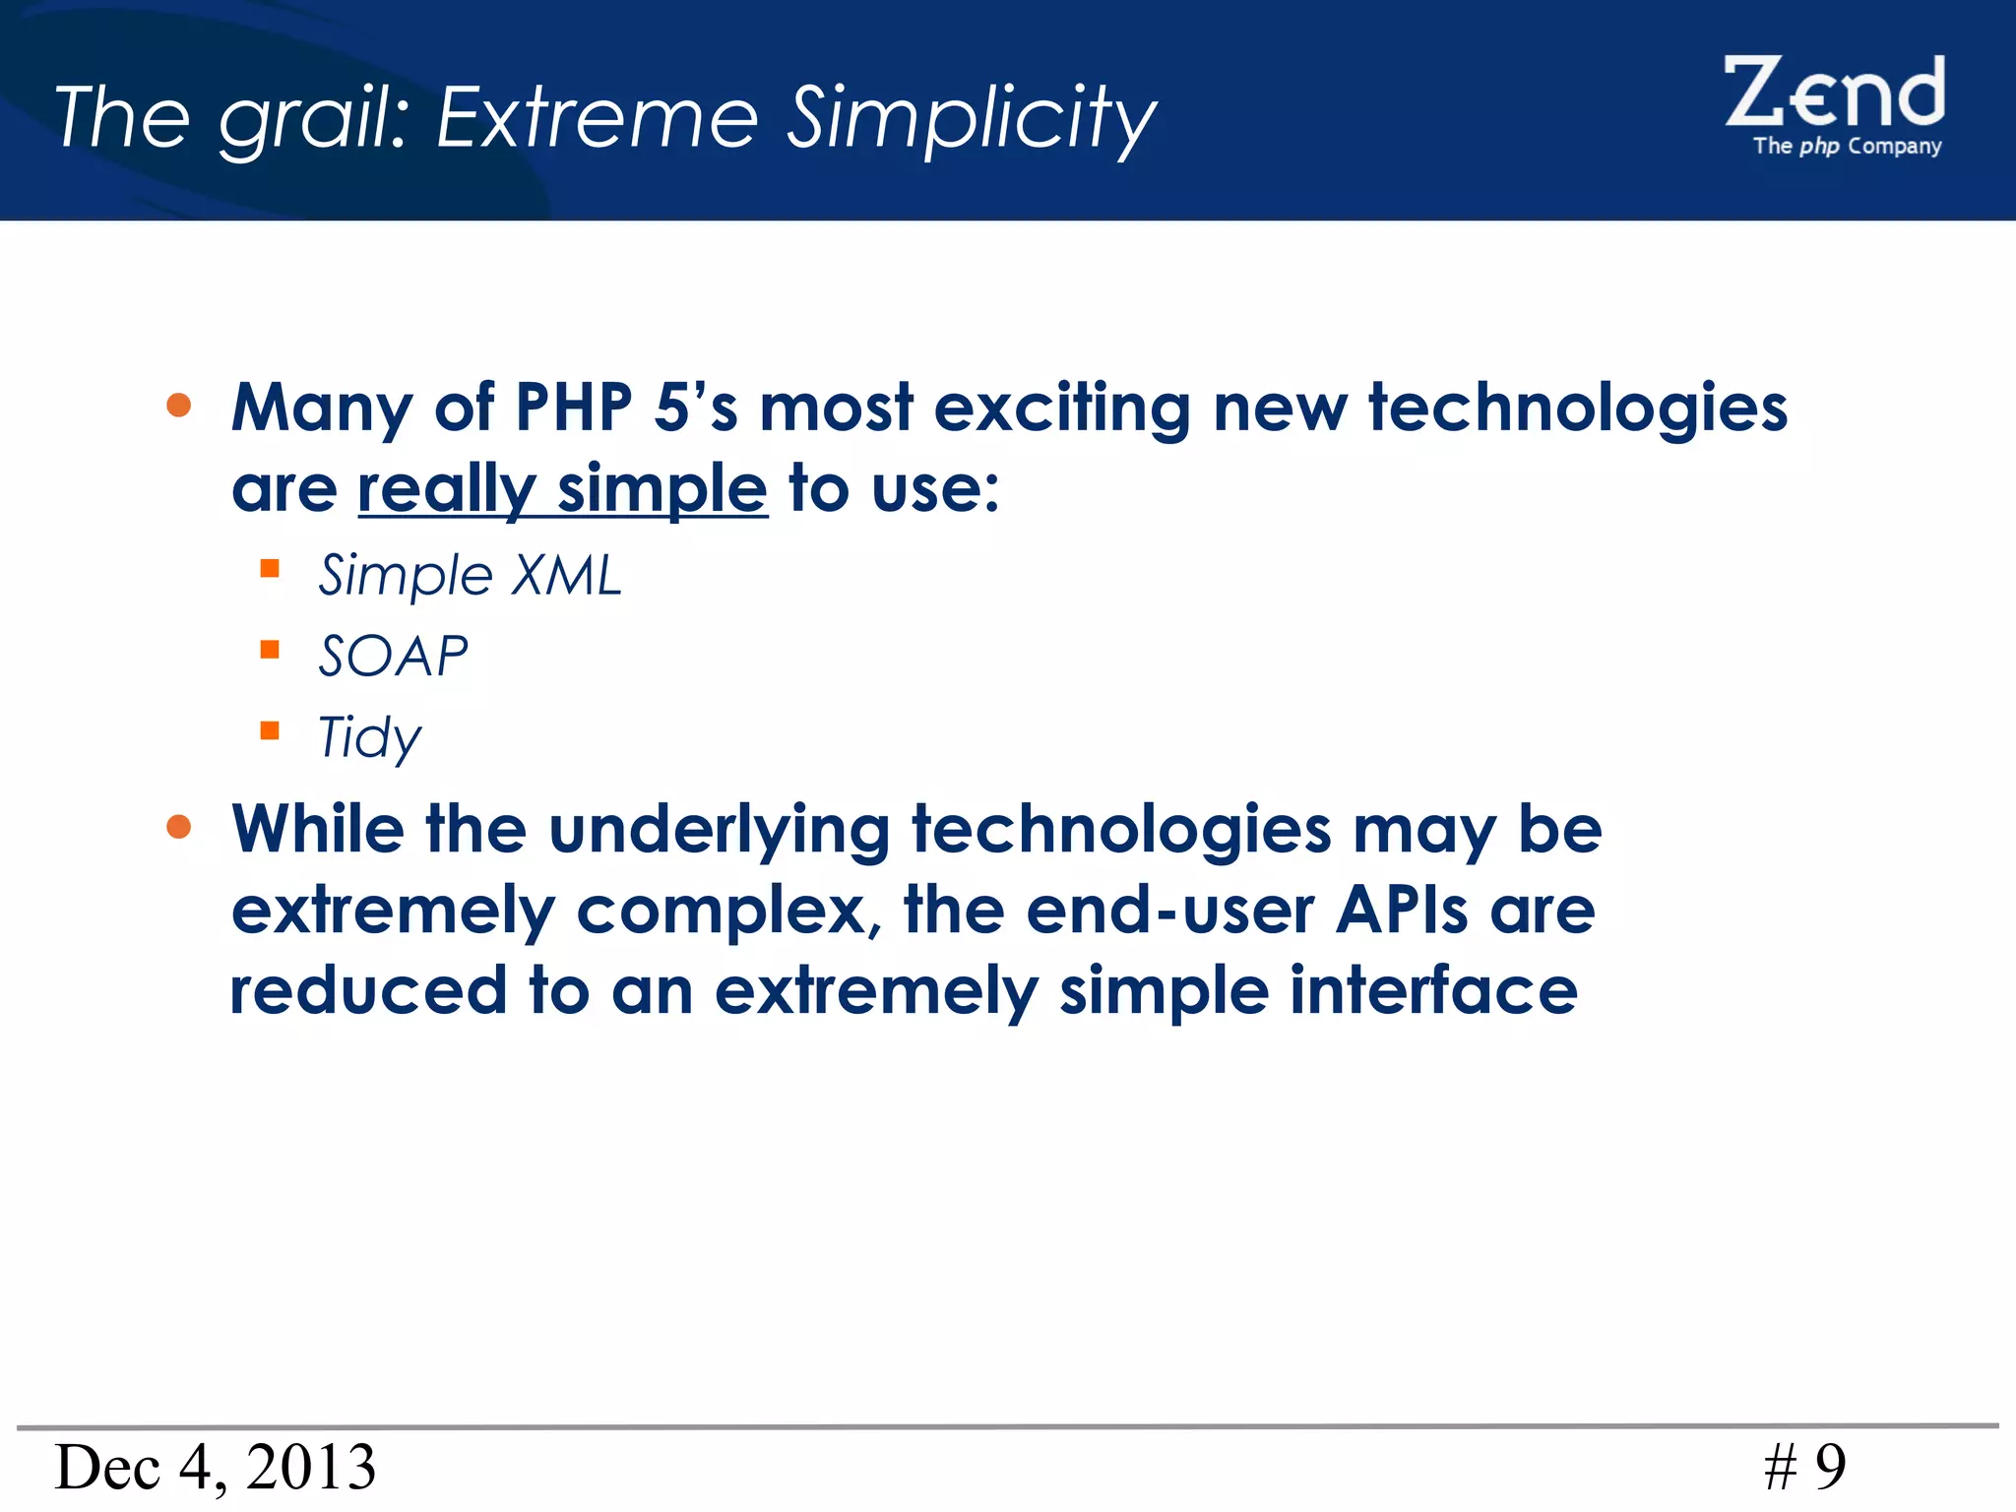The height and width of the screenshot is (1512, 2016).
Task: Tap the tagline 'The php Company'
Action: click(x=1847, y=146)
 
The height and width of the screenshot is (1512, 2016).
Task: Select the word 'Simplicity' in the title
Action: click(x=973, y=118)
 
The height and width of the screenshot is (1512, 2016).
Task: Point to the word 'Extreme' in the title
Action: click(x=598, y=118)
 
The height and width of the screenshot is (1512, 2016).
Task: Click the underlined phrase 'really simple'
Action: click(x=562, y=488)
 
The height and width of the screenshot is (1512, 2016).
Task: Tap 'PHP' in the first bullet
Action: click(x=574, y=407)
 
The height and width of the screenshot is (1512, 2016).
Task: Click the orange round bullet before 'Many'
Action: click(x=179, y=406)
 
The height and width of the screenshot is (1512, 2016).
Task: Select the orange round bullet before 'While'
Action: click(x=179, y=827)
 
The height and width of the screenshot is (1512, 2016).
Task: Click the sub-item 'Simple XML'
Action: click(x=471, y=575)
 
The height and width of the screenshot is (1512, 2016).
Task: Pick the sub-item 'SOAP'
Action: click(x=393, y=656)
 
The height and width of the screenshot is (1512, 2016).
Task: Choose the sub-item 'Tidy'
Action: click(x=369, y=736)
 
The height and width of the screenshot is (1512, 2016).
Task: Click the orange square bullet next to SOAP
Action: click(x=270, y=650)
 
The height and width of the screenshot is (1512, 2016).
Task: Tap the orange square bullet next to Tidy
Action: click(x=270, y=730)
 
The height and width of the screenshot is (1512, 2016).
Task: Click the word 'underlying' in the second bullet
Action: click(x=719, y=830)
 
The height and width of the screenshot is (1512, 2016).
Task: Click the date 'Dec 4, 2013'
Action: click(x=216, y=1467)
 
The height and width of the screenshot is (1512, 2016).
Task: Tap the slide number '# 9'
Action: click(x=1804, y=1467)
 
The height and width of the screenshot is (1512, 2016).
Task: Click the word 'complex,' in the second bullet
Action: click(x=728, y=912)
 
